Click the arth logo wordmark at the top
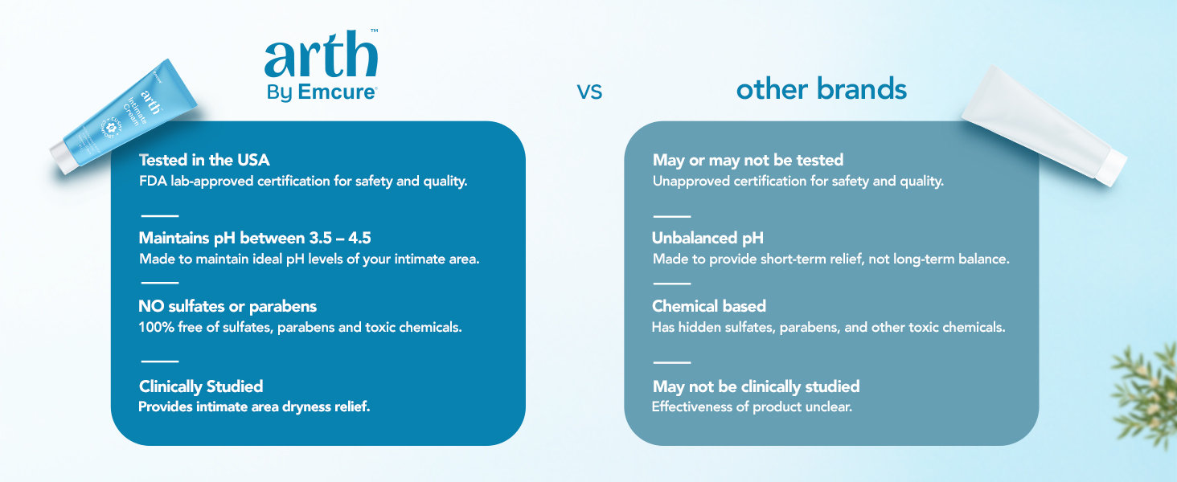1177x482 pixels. [321, 54]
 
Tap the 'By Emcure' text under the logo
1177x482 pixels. [322, 92]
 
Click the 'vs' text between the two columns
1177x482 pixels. [589, 92]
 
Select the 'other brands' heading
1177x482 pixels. [822, 88]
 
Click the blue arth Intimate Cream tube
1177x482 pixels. [125, 116]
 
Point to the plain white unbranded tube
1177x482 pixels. [1043, 125]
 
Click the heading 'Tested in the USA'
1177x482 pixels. [204, 160]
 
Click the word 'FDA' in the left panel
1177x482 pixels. [153, 181]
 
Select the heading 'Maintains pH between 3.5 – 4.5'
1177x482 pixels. [255, 238]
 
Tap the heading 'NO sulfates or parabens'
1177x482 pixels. [228, 306]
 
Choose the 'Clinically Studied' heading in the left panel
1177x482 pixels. [201, 386]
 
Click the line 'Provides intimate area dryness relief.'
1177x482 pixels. [254, 407]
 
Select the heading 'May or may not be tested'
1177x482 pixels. [748, 160]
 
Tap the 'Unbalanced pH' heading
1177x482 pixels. [707, 238]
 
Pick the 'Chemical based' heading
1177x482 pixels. [709, 306]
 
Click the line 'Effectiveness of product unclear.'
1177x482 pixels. [752, 407]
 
